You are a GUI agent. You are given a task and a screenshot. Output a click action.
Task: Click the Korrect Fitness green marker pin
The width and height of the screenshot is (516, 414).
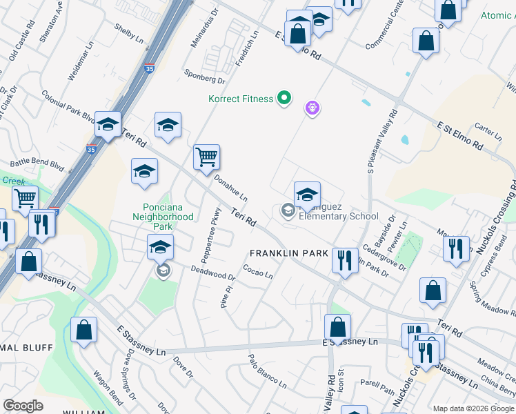tap(284, 99)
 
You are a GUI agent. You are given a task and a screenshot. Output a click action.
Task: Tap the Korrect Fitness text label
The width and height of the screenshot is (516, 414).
tap(241, 99)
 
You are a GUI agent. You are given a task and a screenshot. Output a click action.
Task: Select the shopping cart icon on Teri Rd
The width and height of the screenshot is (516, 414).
tap(206, 157)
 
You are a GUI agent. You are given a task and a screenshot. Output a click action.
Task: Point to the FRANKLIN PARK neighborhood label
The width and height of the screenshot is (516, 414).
tap(288, 253)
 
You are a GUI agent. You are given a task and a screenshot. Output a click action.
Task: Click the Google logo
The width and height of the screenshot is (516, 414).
tap(23, 406)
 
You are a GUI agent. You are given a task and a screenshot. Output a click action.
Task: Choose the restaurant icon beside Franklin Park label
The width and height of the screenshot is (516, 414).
tap(344, 260)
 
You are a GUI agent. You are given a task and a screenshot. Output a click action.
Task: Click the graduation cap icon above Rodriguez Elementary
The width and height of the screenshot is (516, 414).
tap(307, 195)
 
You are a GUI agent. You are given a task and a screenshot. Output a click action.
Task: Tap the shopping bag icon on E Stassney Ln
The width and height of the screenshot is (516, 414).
tap(337, 326)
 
